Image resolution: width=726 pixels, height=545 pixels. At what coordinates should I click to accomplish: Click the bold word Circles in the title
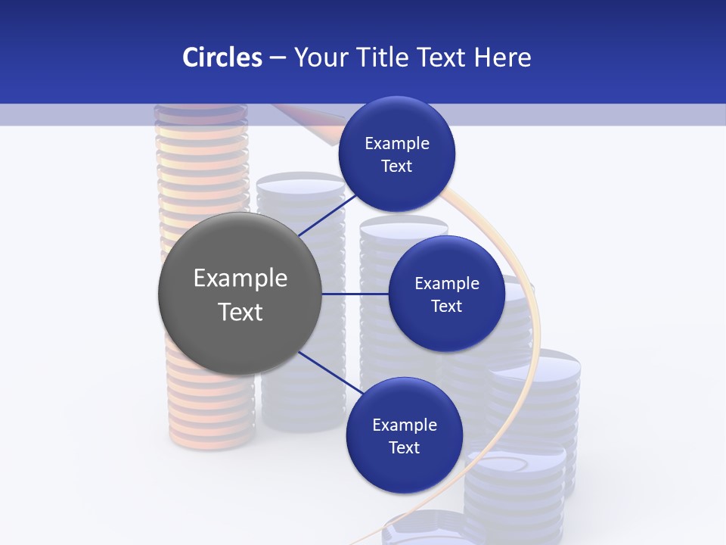(222, 58)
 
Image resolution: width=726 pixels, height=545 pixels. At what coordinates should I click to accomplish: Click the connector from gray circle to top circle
(327, 216)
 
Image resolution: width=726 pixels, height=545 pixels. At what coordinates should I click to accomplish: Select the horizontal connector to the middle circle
(355, 294)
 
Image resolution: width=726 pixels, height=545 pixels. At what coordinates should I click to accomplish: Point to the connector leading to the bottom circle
(328, 371)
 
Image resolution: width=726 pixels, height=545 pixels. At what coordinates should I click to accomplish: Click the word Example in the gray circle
(240, 279)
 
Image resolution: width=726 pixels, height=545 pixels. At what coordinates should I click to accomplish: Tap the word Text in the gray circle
(240, 312)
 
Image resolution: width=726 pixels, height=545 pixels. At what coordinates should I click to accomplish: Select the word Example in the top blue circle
(397, 144)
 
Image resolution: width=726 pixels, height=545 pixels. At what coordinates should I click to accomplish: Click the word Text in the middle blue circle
(446, 306)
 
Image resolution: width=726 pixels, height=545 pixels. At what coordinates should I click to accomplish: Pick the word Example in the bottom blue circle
(405, 425)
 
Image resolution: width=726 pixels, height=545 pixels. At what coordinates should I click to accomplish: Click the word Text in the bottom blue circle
(404, 448)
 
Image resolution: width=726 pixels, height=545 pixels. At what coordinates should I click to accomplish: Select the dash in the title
(278, 58)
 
